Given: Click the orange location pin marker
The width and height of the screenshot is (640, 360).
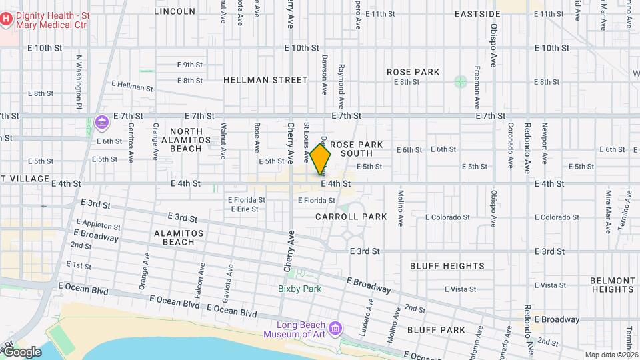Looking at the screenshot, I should point(321,160).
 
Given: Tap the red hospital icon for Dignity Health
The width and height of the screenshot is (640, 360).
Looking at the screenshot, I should point(6,19).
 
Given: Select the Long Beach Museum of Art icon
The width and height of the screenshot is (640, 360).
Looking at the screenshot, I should point(335,329).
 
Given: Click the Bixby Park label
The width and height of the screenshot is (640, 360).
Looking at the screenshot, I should point(300,289).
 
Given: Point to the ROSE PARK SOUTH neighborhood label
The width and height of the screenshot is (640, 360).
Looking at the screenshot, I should point(357,149).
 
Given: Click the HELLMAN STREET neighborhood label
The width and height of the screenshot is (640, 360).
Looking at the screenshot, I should point(265,80).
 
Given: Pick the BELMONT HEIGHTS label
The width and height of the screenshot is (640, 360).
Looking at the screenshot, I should point(613,285).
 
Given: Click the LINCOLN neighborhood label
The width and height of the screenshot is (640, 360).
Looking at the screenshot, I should point(175,11).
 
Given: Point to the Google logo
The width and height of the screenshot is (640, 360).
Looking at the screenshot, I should point(21,352).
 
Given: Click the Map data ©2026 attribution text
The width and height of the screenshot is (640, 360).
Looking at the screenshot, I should point(611,355).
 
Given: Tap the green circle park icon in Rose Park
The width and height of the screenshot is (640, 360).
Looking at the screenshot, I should point(460,82).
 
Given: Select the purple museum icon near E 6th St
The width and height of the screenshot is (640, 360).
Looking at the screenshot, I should point(101,123).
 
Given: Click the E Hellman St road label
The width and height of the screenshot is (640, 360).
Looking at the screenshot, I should point(133,86).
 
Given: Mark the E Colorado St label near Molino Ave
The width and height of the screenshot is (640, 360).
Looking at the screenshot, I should point(449,217).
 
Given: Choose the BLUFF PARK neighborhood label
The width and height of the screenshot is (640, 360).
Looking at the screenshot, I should point(436,330).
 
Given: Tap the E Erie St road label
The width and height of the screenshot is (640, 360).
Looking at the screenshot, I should point(245,209).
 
